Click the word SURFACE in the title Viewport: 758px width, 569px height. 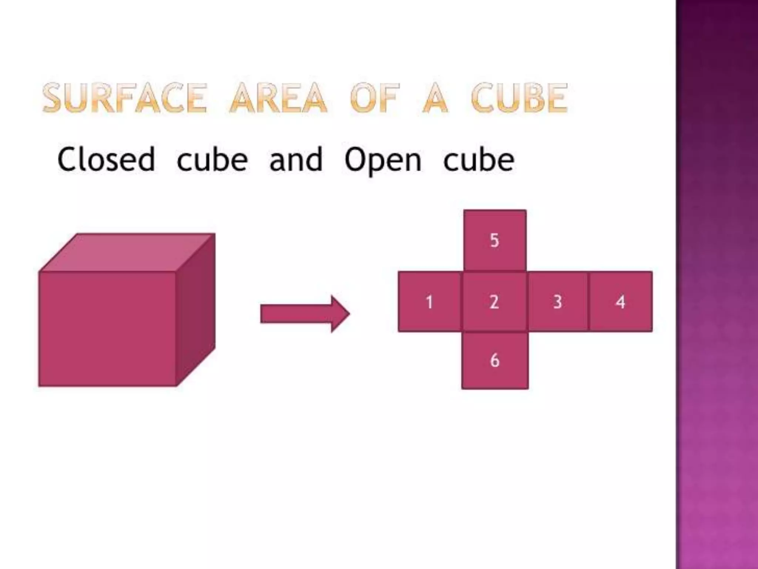[x=124, y=98]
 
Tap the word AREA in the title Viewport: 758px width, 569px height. [x=278, y=98]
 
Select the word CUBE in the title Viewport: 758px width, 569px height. [x=519, y=98]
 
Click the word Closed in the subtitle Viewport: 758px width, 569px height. [x=106, y=159]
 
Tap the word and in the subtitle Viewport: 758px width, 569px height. [x=296, y=159]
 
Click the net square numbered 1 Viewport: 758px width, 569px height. [x=430, y=302]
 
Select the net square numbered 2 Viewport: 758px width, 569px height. [x=494, y=302]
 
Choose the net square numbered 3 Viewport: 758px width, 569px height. [x=558, y=302]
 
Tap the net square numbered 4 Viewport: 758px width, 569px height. [x=621, y=302]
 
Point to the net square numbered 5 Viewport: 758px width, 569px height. [x=495, y=240]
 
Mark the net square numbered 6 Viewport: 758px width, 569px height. [x=495, y=360]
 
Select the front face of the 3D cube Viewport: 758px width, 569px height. [x=107, y=329]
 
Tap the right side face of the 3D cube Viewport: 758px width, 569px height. [x=195, y=310]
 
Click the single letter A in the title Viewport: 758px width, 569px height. [x=435, y=98]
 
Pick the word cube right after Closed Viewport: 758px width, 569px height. [x=212, y=159]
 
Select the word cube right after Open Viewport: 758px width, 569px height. [x=479, y=159]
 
